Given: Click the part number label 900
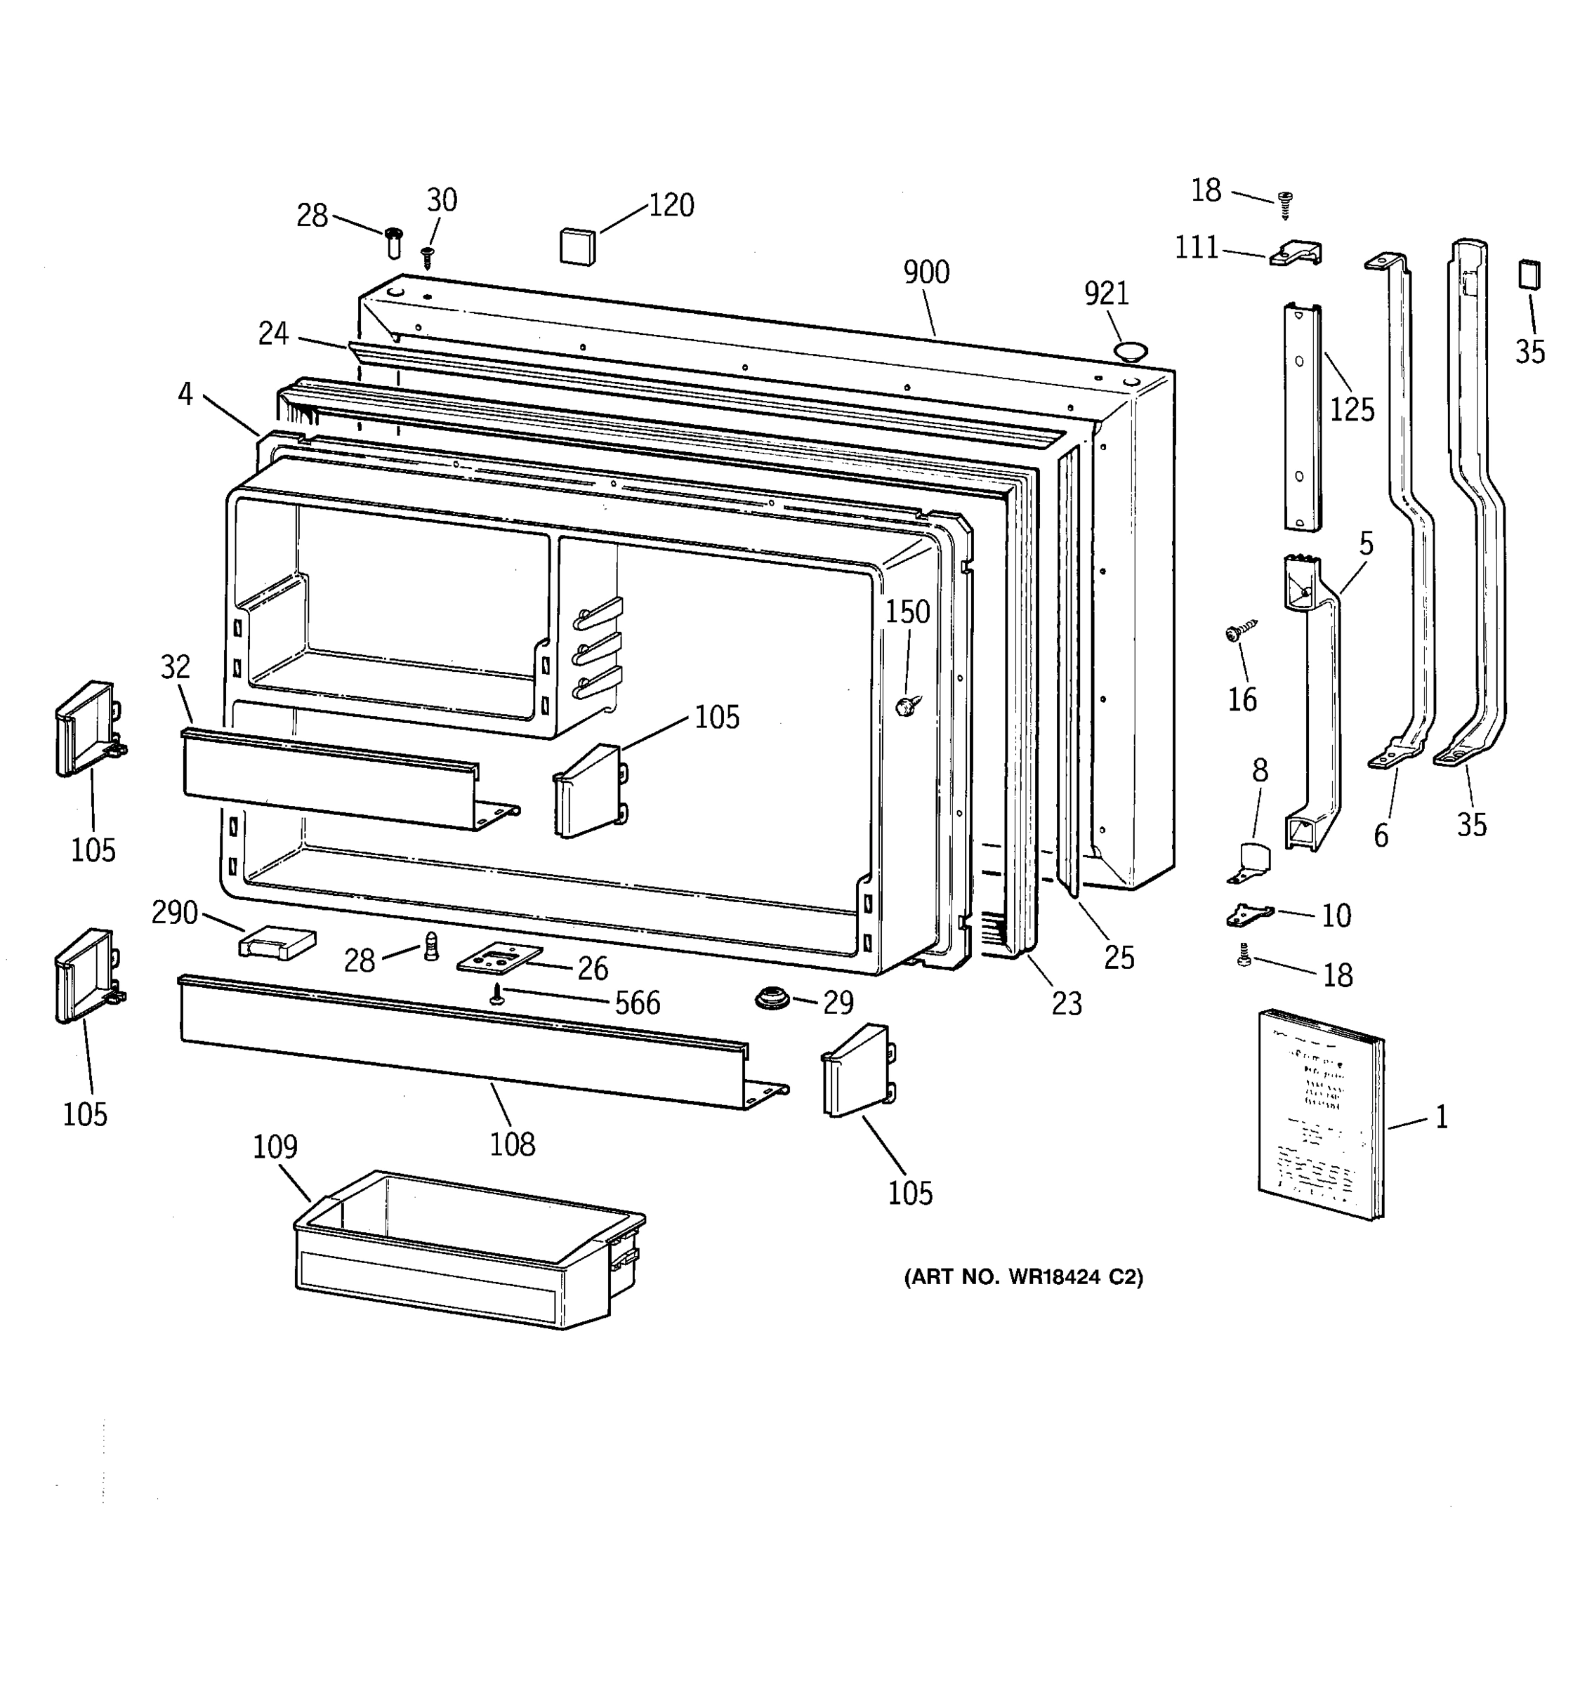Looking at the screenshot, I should click(926, 273).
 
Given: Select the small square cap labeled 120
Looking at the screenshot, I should click(577, 246).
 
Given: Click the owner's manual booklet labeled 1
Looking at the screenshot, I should click(1319, 1116).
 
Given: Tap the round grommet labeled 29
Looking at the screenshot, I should click(772, 998).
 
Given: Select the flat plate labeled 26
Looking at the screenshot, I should click(499, 958).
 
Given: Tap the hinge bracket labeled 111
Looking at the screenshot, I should click(1295, 253).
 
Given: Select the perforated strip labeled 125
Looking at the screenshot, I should click(1301, 417).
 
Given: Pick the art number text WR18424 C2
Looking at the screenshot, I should click(1023, 1277).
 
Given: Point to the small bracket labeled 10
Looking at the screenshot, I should click(1249, 915).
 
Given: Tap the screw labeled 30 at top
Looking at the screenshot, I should click(427, 256).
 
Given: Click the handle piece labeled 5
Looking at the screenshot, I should click(1314, 703).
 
